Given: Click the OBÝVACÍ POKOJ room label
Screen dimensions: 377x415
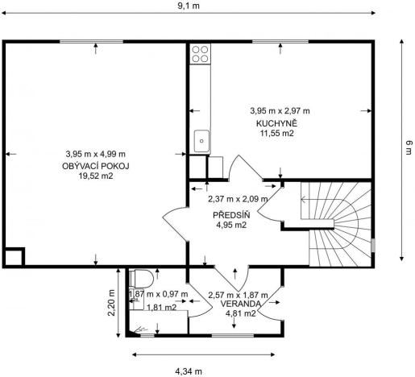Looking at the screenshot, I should [x=95, y=165].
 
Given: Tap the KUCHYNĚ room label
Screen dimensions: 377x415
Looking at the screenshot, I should [x=278, y=122].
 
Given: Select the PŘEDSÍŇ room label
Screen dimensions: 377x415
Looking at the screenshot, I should [x=230, y=215].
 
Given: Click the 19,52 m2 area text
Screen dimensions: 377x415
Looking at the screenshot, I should [x=95, y=176].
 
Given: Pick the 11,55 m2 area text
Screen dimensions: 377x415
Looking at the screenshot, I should [x=277, y=134].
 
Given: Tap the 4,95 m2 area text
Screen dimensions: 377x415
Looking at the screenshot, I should [x=230, y=226].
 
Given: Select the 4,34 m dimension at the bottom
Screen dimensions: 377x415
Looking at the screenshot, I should [x=190, y=371].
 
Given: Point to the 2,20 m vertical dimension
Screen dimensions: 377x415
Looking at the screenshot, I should [x=112, y=304].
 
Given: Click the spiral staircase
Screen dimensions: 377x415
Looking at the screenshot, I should [x=334, y=222].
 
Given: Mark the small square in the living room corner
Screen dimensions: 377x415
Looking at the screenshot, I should [x=14, y=258].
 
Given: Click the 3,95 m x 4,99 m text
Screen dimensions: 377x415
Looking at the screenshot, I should [x=95, y=154].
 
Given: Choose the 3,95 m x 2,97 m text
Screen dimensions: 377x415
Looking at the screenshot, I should [x=280, y=110].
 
